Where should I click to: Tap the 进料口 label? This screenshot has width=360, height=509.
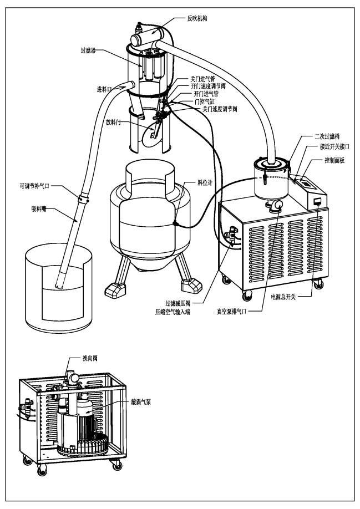[x=105, y=89]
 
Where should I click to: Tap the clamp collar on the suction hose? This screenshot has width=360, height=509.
[x=84, y=196]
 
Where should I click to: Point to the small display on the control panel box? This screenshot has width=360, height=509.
[x=318, y=201]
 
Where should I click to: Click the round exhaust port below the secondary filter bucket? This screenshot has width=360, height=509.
[x=276, y=206]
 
